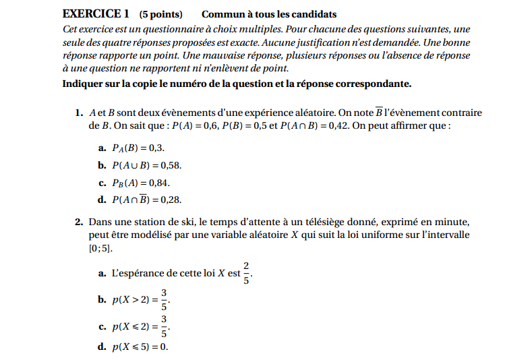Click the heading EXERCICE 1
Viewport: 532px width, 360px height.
point(95,14)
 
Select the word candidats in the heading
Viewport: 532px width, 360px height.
point(314,14)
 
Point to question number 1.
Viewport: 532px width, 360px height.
point(80,113)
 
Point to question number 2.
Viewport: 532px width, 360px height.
point(80,222)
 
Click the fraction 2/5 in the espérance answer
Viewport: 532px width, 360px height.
point(247,273)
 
